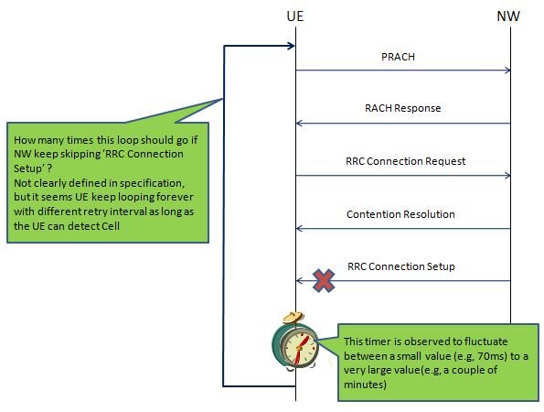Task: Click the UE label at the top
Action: tap(295, 16)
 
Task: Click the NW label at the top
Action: tap(508, 16)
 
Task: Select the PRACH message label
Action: tap(398, 57)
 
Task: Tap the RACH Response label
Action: tap(403, 108)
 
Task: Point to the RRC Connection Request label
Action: tap(406, 161)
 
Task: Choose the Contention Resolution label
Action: tap(400, 214)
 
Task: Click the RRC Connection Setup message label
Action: tap(401, 266)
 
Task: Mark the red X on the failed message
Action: tap(324, 280)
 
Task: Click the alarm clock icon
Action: tap(295, 342)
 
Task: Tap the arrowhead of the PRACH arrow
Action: tap(508, 70)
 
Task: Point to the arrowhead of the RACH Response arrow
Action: tap(299, 124)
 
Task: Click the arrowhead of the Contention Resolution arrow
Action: tap(299, 229)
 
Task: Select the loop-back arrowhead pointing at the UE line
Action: tap(292, 46)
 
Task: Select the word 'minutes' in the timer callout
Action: tap(364, 385)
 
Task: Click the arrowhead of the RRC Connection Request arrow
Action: tap(508, 176)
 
